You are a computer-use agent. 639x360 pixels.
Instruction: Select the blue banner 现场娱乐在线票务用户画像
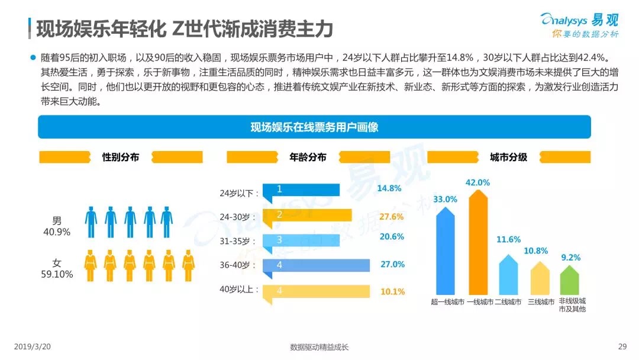[x=314, y=127]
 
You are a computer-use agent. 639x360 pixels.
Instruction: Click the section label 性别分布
[x=121, y=157]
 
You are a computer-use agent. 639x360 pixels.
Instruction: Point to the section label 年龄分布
[x=308, y=157]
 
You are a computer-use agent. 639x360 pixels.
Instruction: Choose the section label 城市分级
[x=508, y=157]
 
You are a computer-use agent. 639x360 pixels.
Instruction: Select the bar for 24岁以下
[x=302, y=189]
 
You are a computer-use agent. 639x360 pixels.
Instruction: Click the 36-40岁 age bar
[x=317, y=265]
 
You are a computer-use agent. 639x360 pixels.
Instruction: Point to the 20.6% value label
[x=392, y=237]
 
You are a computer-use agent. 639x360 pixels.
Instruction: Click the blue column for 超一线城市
[x=447, y=251]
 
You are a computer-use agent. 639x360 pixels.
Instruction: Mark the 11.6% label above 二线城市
[x=509, y=240]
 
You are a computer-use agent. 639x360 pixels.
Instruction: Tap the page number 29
[x=622, y=346]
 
